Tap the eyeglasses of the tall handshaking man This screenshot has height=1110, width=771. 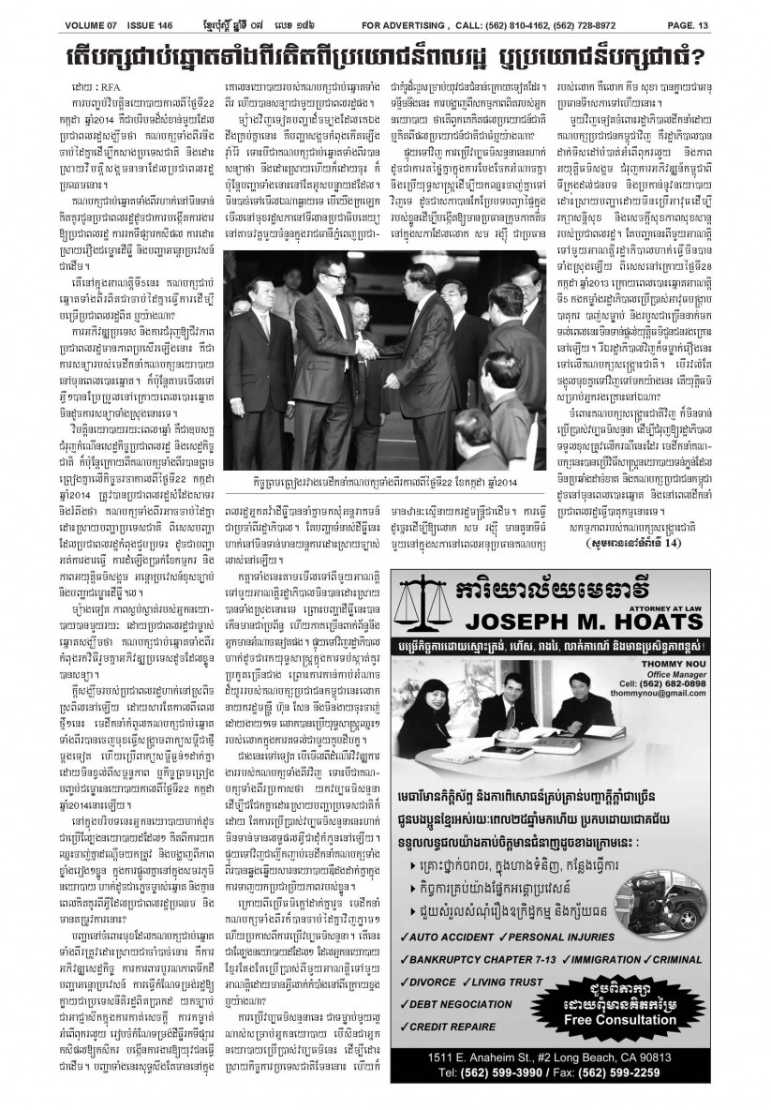click(319, 287)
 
